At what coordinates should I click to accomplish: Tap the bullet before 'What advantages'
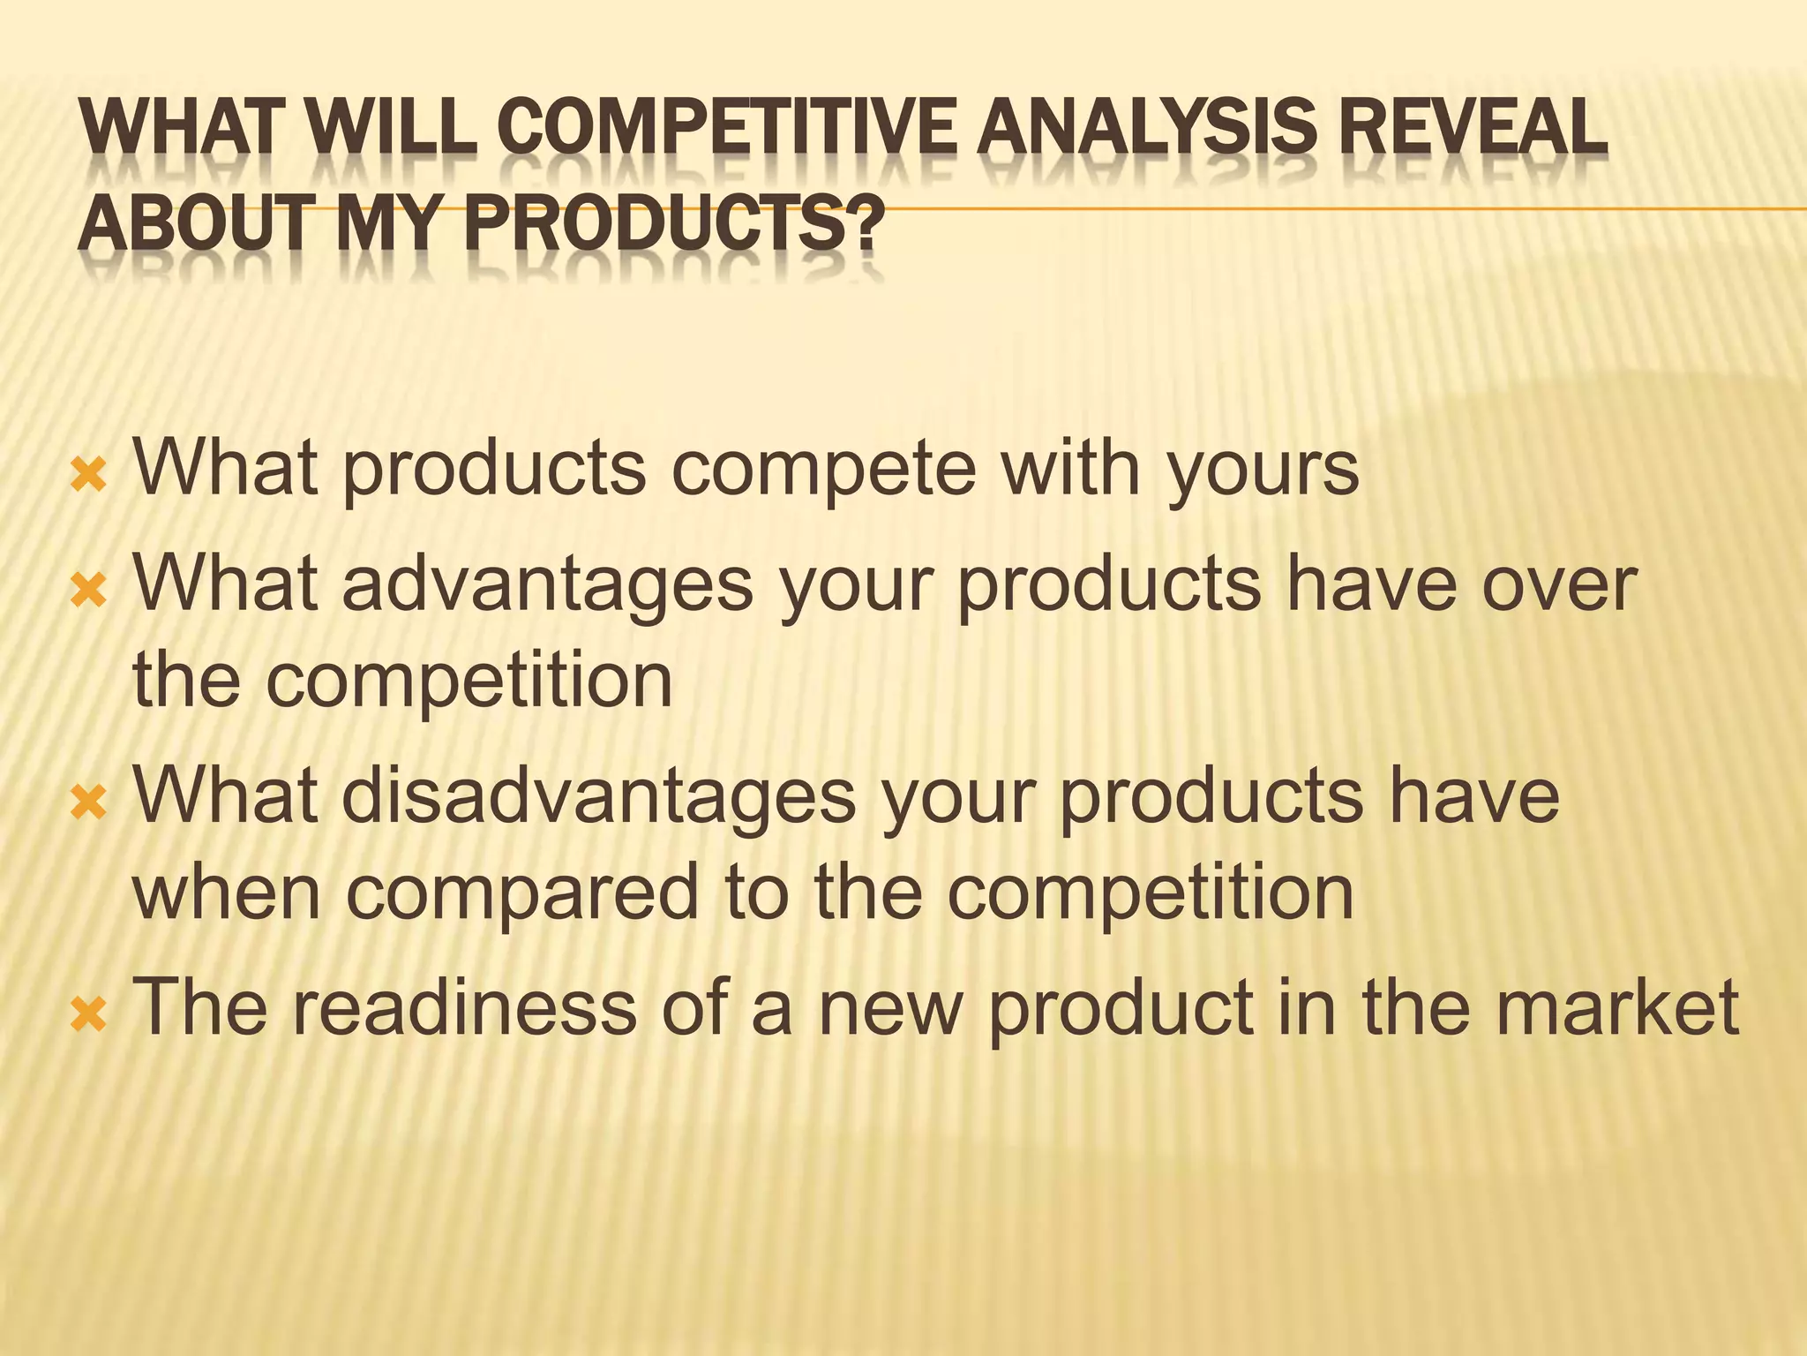89,593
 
